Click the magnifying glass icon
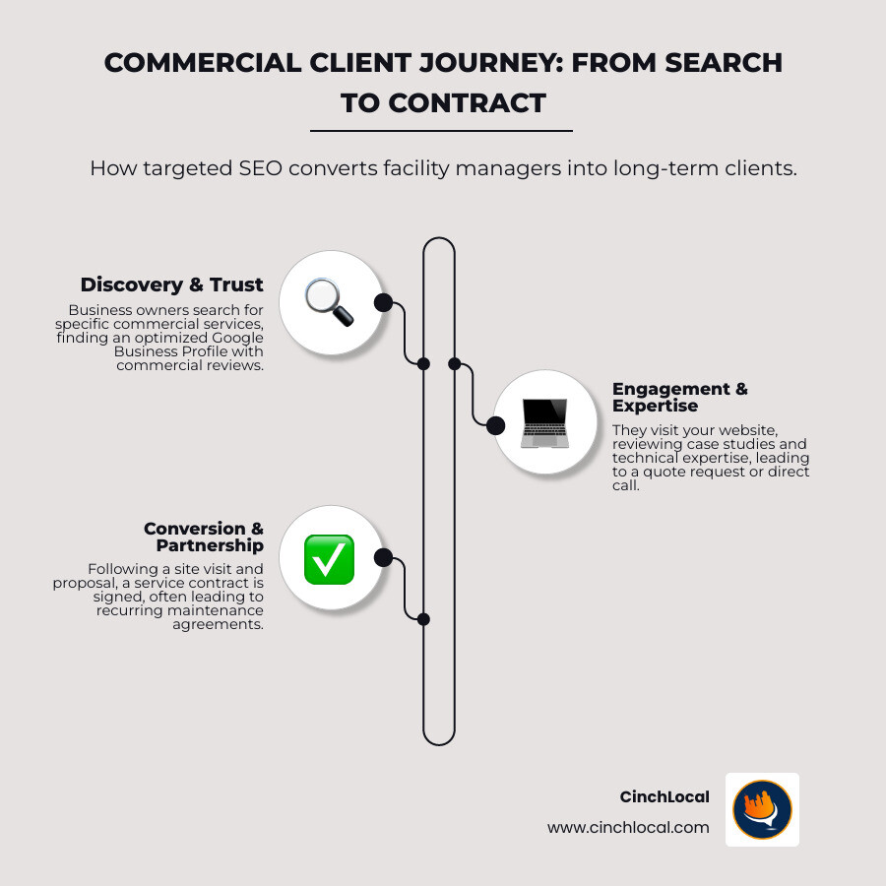(329, 302)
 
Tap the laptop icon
(544, 422)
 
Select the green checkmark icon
(329, 558)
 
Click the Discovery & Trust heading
(172, 285)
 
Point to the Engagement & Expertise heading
(679, 397)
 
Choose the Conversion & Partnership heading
(204, 537)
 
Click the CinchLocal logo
(762, 809)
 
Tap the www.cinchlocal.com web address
(628, 827)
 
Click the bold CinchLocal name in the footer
(664, 796)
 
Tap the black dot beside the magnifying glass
(383, 302)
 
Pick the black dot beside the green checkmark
(383, 558)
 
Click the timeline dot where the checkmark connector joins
(423, 619)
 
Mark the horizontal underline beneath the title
(441, 130)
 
